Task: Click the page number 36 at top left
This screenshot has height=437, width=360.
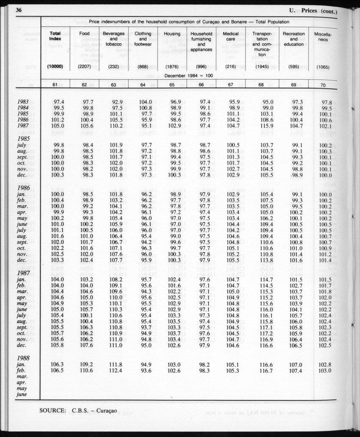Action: (19, 10)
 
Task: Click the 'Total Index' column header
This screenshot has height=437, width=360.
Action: (55, 36)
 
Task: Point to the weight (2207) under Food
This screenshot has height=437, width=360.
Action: (84, 66)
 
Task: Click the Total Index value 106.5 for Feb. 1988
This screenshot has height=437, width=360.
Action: (57, 371)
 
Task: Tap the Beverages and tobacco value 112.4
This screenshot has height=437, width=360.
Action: (115, 371)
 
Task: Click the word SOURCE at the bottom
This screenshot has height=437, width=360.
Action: (53, 410)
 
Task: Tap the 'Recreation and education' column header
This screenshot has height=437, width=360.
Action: (294, 39)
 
